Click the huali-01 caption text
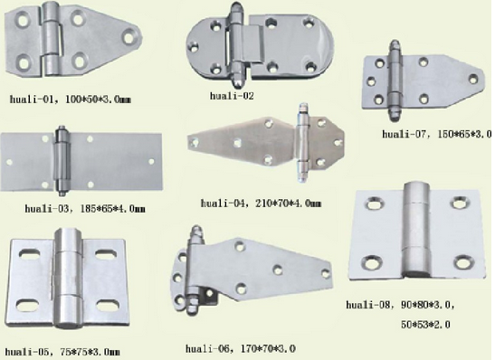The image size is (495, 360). [x=70, y=99]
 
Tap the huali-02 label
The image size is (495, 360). [x=232, y=96]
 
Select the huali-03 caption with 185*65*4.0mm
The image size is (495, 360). [x=85, y=209]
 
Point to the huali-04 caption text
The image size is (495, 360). [x=261, y=203]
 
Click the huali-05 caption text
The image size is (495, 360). [x=62, y=351]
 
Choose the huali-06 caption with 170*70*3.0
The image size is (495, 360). [x=241, y=348]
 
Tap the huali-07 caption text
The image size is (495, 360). [x=437, y=134]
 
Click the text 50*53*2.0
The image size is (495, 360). [x=425, y=324]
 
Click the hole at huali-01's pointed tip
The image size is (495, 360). [x=129, y=37]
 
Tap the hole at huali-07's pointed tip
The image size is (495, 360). [x=473, y=79]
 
